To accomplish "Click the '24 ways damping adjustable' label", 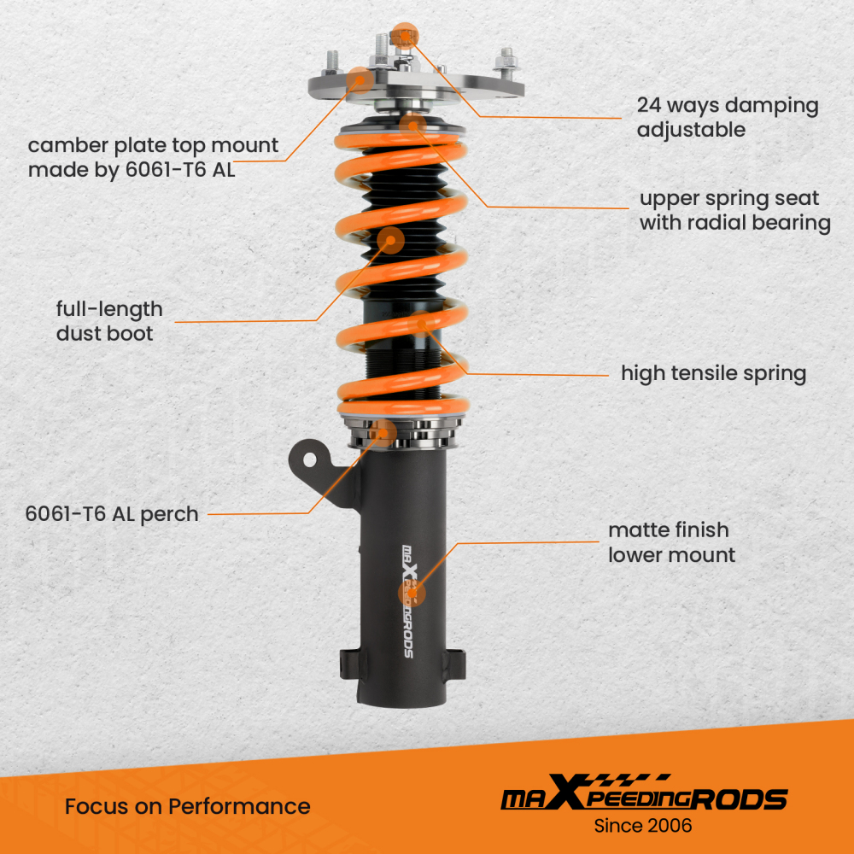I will [x=727, y=118].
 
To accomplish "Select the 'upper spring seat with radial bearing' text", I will [x=734, y=211].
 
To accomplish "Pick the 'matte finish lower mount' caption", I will [x=671, y=543].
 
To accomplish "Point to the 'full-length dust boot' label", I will [x=109, y=321].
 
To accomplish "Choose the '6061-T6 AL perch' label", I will [x=112, y=514].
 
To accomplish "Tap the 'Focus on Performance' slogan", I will [x=188, y=806].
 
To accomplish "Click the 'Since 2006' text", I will [x=643, y=826].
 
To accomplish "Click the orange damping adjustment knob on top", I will [x=403, y=35].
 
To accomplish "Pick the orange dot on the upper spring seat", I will [x=412, y=125].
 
